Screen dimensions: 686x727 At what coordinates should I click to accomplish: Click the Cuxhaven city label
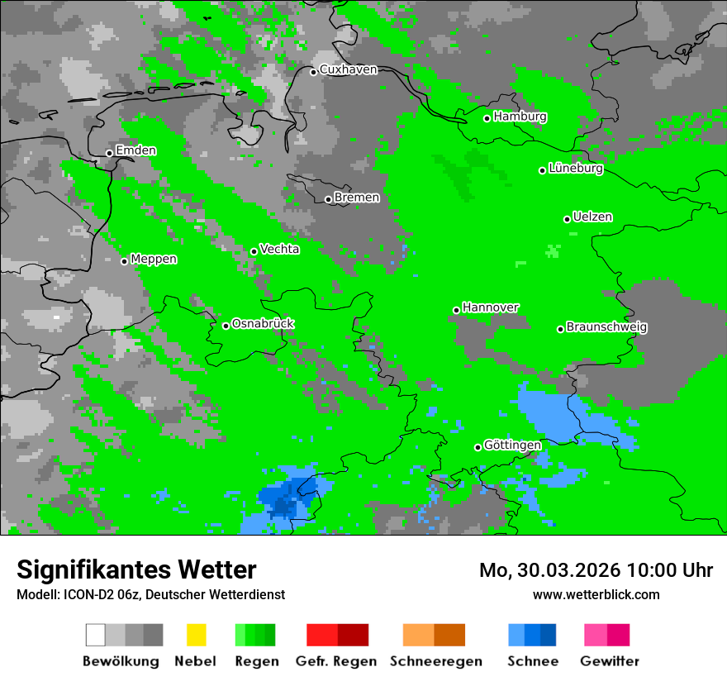pyautogui.click(x=348, y=69)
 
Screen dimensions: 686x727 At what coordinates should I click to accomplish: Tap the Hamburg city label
pyautogui.click(x=520, y=117)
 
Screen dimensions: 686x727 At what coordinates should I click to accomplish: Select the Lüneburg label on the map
pyautogui.click(x=575, y=169)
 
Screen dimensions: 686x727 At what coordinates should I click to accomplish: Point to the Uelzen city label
pyautogui.click(x=592, y=217)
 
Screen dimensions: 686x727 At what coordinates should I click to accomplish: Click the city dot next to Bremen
pyautogui.click(x=328, y=199)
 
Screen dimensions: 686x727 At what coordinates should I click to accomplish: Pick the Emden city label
pyautogui.click(x=135, y=150)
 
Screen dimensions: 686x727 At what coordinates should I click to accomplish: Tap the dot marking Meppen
pyautogui.click(x=124, y=261)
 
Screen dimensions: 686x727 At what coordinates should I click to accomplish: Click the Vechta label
pyautogui.click(x=279, y=249)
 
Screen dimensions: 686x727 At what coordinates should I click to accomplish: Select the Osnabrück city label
pyautogui.click(x=263, y=323)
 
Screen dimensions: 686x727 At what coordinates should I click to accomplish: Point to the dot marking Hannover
pyautogui.click(x=456, y=311)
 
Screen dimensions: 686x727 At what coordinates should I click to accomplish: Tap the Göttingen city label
pyautogui.click(x=512, y=445)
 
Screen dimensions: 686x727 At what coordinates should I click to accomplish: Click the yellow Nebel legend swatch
pyautogui.click(x=196, y=635)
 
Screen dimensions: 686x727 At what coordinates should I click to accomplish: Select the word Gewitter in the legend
pyautogui.click(x=610, y=661)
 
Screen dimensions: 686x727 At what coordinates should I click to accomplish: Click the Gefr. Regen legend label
pyautogui.click(x=336, y=661)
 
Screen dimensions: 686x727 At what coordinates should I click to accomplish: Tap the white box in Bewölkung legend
pyautogui.click(x=96, y=635)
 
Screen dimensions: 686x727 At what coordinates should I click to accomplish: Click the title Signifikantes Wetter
pyautogui.click(x=136, y=569)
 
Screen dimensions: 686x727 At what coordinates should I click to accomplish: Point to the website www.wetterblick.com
pyautogui.click(x=596, y=594)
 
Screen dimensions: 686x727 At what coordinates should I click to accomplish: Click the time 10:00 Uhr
pyautogui.click(x=669, y=570)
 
